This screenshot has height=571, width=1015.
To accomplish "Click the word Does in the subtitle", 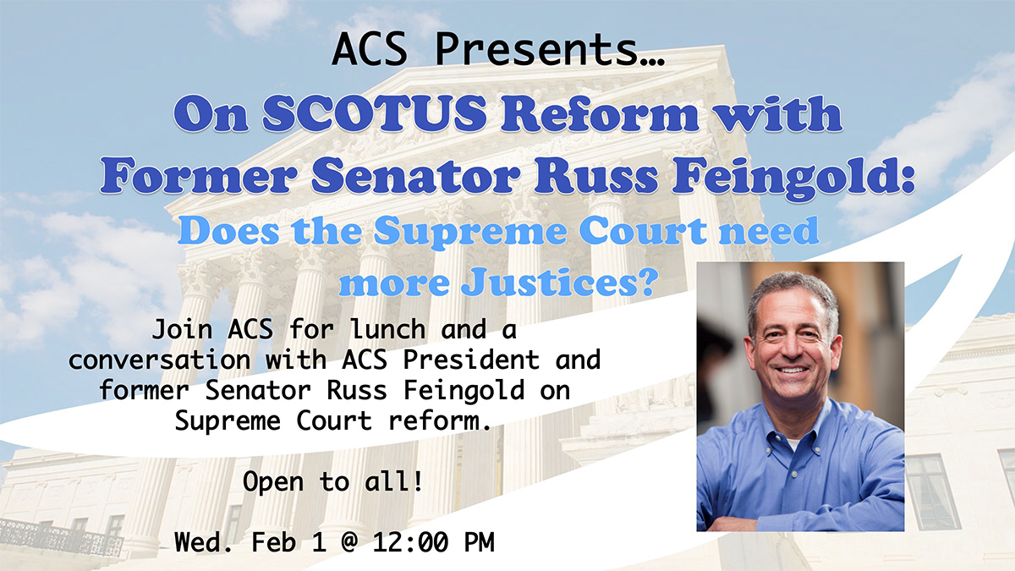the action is (228, 231).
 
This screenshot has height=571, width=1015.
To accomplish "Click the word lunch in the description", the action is (388, 328).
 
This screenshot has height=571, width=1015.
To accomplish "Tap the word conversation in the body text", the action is (159, 360).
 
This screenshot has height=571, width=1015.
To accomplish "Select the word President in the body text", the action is (471, 360).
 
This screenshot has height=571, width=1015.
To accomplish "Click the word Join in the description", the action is (182, 329).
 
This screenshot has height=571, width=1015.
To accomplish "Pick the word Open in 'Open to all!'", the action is (272, 482).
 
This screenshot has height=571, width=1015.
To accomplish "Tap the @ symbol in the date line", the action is (348, 542).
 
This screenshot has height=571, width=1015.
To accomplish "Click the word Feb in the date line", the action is (273, 542).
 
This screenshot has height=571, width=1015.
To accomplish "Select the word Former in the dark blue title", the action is (199, 176).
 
